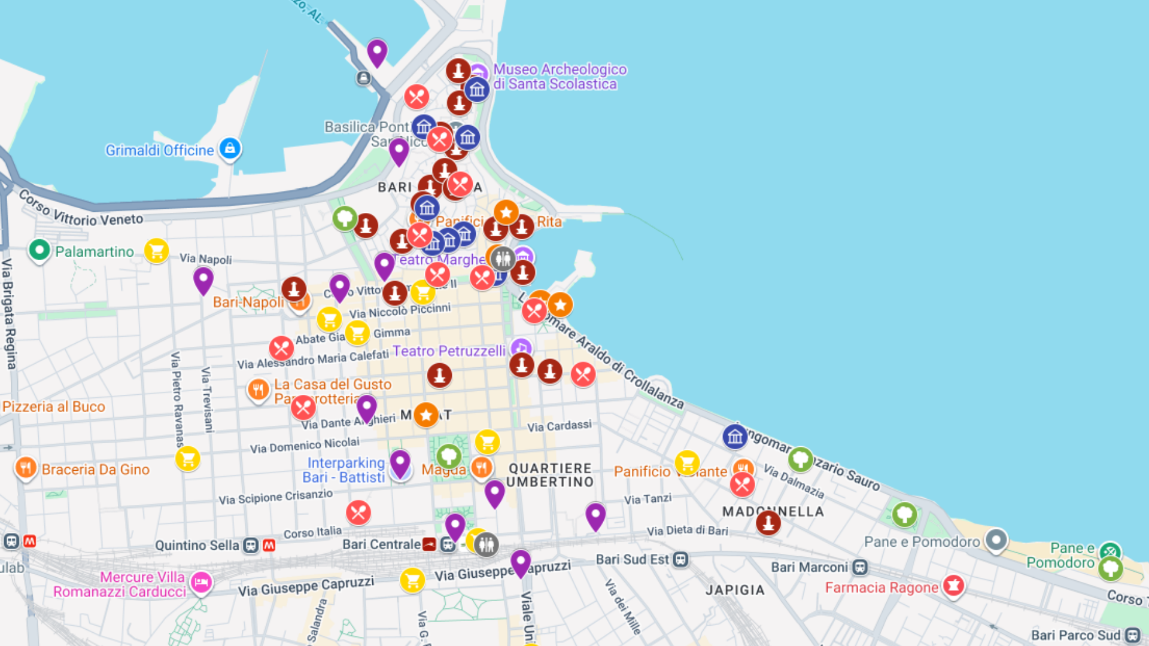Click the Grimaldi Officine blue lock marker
(x=230, y=148)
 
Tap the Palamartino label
(x=95, y=252)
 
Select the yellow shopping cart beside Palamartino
(x=156, y=251)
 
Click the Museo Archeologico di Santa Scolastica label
(x=560, y=77)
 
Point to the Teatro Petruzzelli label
(x=449, y=351)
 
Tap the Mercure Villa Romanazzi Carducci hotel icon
(x=201, y=581)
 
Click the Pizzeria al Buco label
(x=54, y=407)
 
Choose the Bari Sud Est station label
(x=632, y=559)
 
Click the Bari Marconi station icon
(x=860, y=567)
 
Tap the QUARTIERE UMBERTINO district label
(x=551, y=475)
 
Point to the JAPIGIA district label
(x=735, y=590)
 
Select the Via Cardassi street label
(x=559, y=426)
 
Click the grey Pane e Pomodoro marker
(x=996, y=540)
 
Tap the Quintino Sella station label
(x=197, y=546)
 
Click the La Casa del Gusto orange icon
(x=258, y=390)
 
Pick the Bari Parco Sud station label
(x=1075, y=635)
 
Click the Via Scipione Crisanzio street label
(x=275, y=496)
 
